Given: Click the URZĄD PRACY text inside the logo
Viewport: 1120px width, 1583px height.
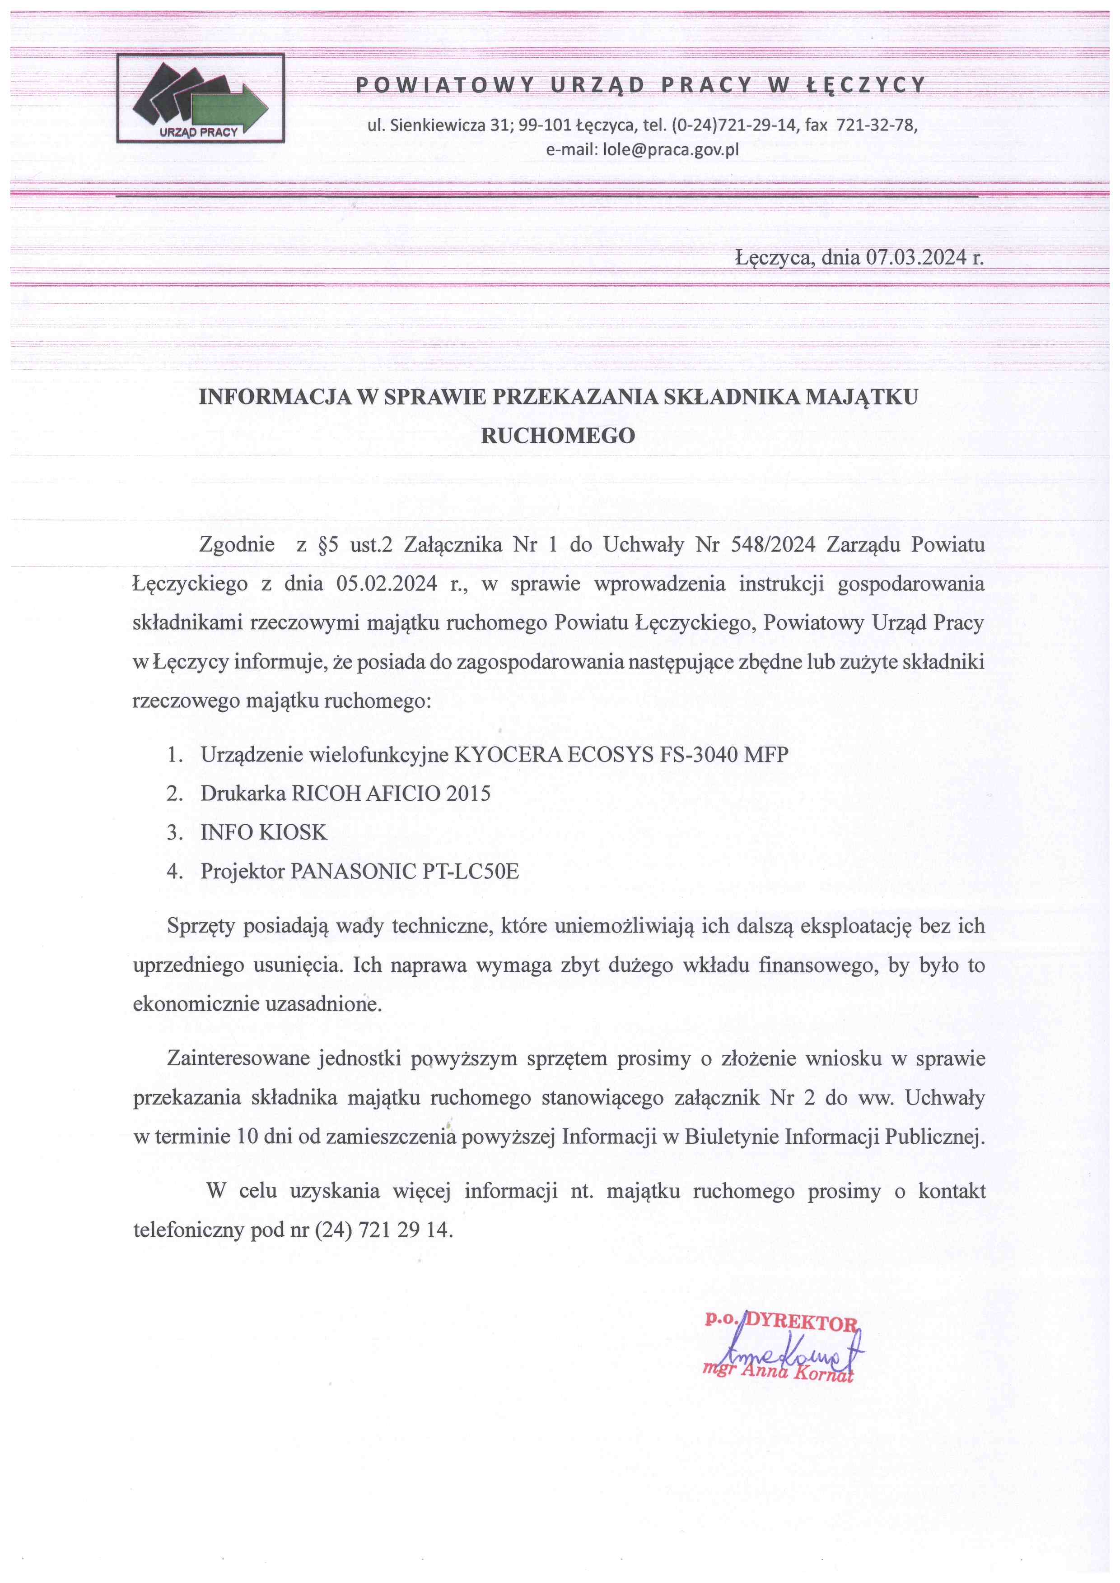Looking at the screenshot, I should (199, 132).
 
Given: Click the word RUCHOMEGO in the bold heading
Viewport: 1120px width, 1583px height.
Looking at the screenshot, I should (557, 436).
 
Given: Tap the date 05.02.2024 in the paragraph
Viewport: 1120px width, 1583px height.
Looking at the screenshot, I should (386, 584).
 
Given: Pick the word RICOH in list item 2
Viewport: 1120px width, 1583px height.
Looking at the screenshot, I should (326, 793).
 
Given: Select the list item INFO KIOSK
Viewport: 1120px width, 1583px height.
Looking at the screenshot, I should (263, 832).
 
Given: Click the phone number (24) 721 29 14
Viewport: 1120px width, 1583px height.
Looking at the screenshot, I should (383, 1230).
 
